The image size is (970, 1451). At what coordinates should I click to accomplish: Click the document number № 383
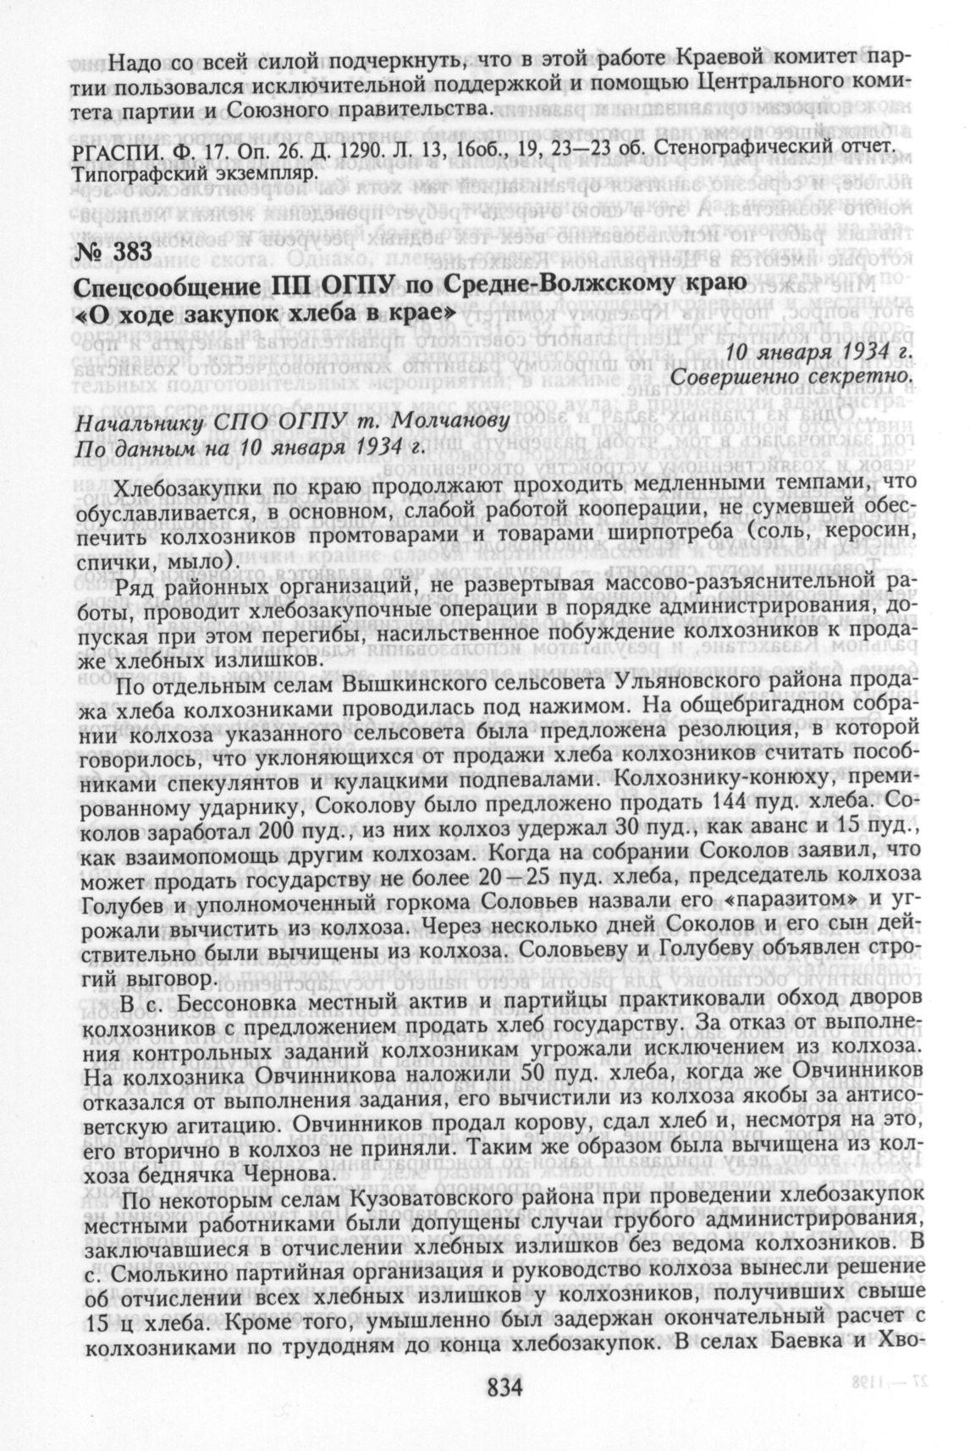pyautogui.click(x=113, y=251)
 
